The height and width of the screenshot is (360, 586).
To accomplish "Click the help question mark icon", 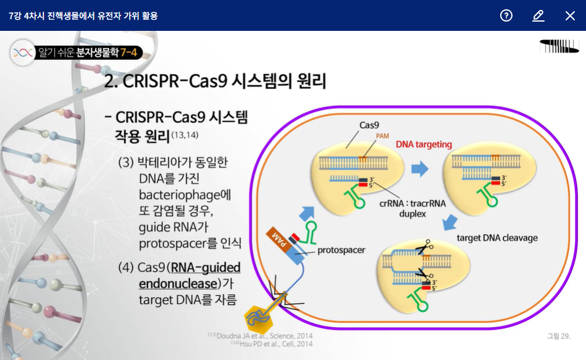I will click(506, 15).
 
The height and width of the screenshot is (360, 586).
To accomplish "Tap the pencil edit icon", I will click(538, 15).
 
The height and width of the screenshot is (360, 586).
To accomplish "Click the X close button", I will click(570, 15).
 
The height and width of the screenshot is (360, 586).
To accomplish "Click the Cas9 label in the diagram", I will click(369, 125).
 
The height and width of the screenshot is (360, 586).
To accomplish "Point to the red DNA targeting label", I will click(424, 144).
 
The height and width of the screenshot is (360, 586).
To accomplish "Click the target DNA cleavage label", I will click(497, 238).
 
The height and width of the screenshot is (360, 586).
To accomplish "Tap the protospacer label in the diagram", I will click(341, 250).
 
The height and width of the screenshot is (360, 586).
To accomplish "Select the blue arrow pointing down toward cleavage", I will click(449, 221).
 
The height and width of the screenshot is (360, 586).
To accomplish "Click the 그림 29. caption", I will click(558, 336).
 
